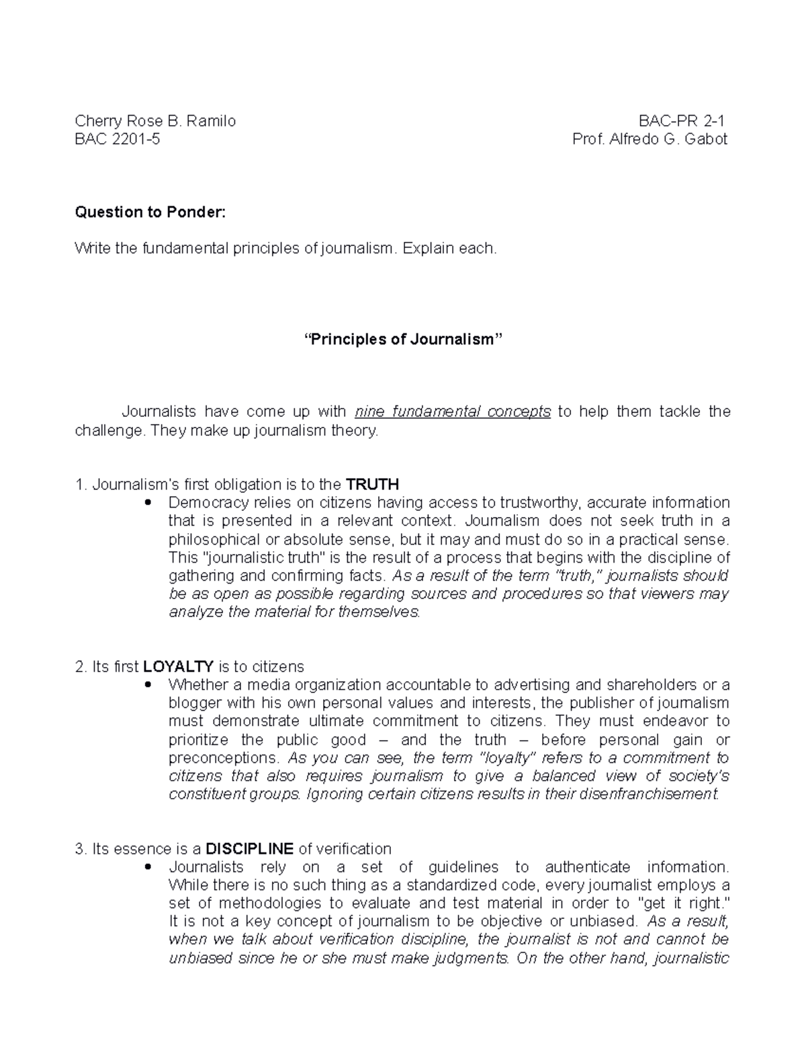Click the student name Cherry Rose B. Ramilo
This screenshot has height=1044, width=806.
(155, 121)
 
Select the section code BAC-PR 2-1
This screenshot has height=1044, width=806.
(682, 121)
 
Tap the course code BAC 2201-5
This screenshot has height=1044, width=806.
(118, 139)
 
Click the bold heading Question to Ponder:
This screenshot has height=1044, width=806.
(150, 212)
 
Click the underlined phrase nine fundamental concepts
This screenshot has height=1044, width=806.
(453, 411)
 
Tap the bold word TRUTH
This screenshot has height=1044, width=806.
(371, 484)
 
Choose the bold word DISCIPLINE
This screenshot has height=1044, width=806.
(249, 848)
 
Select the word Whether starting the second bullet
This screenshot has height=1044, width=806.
(197, 684)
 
